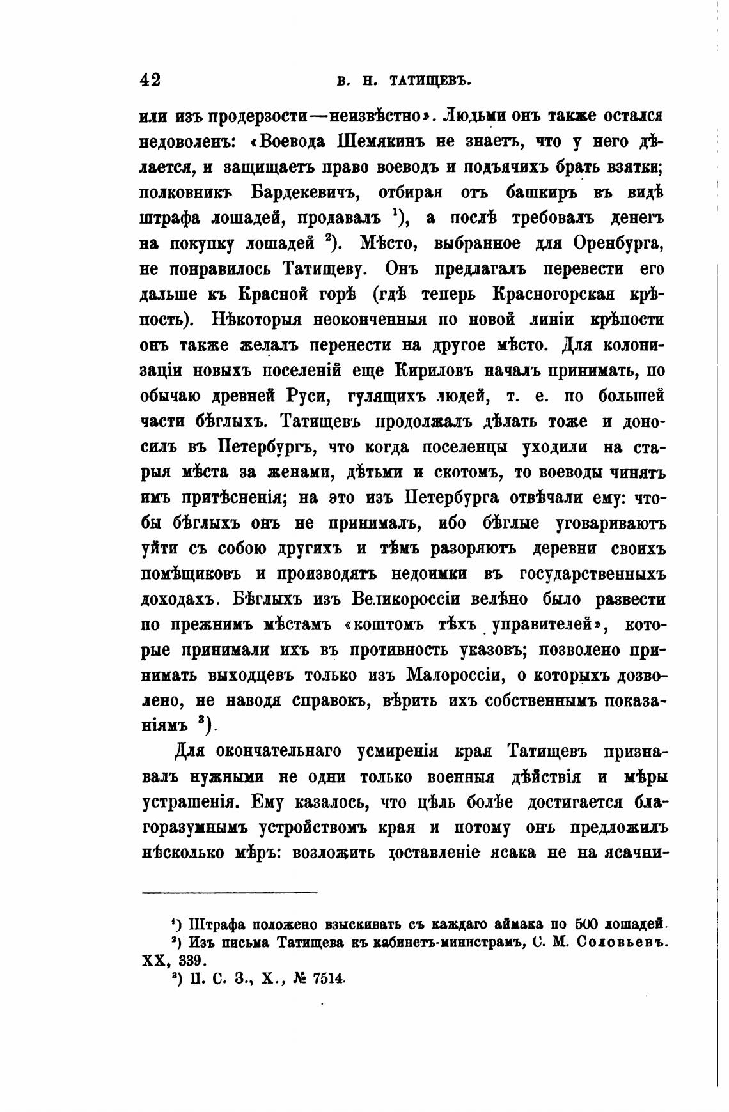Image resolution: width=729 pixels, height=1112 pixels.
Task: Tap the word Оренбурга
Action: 618,243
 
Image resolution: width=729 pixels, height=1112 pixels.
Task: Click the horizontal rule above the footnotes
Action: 229,893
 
